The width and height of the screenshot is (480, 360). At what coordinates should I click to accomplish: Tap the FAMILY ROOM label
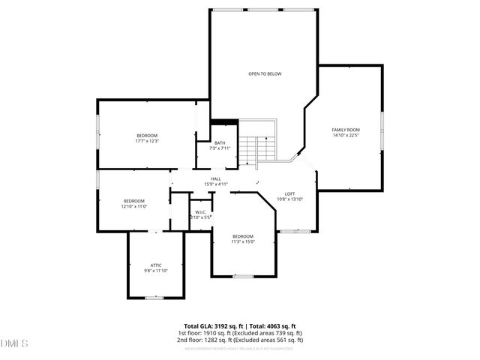346,130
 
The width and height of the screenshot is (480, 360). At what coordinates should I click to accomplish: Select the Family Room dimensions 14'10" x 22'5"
346,136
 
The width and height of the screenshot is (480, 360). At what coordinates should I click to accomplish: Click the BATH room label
220,142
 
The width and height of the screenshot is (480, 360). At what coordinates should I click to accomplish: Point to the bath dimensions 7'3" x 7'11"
220,148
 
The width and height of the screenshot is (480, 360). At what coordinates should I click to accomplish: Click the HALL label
216,178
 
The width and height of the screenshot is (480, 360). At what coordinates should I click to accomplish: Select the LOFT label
289,193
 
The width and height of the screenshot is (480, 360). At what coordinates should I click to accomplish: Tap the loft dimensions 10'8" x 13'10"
289,199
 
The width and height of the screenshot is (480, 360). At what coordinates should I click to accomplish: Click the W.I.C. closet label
200,212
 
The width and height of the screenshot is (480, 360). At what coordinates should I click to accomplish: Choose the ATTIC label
156,265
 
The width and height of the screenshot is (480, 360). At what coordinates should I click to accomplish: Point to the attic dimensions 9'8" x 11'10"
156,270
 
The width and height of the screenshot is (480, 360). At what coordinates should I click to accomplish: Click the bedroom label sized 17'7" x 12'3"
147,135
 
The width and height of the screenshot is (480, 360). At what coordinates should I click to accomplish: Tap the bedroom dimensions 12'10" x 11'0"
134,205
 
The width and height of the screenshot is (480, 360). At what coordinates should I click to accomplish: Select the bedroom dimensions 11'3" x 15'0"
243,241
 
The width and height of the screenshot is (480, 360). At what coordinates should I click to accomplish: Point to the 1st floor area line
240,332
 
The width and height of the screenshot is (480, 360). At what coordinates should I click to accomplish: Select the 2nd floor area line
240,339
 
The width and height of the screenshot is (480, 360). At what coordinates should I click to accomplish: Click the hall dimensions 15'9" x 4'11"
216,184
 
